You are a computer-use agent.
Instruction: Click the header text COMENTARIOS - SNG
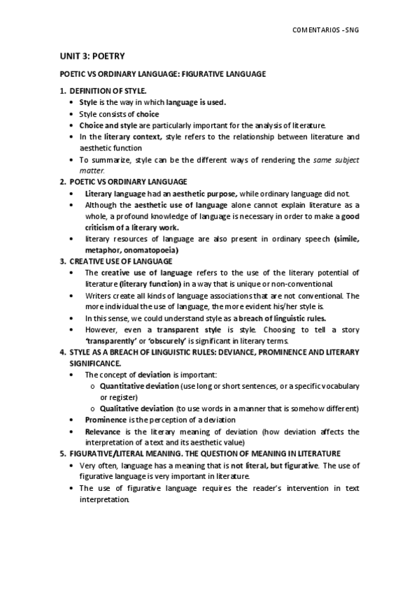[329, 31]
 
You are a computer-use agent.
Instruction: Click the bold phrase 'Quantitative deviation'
[139, 386]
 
